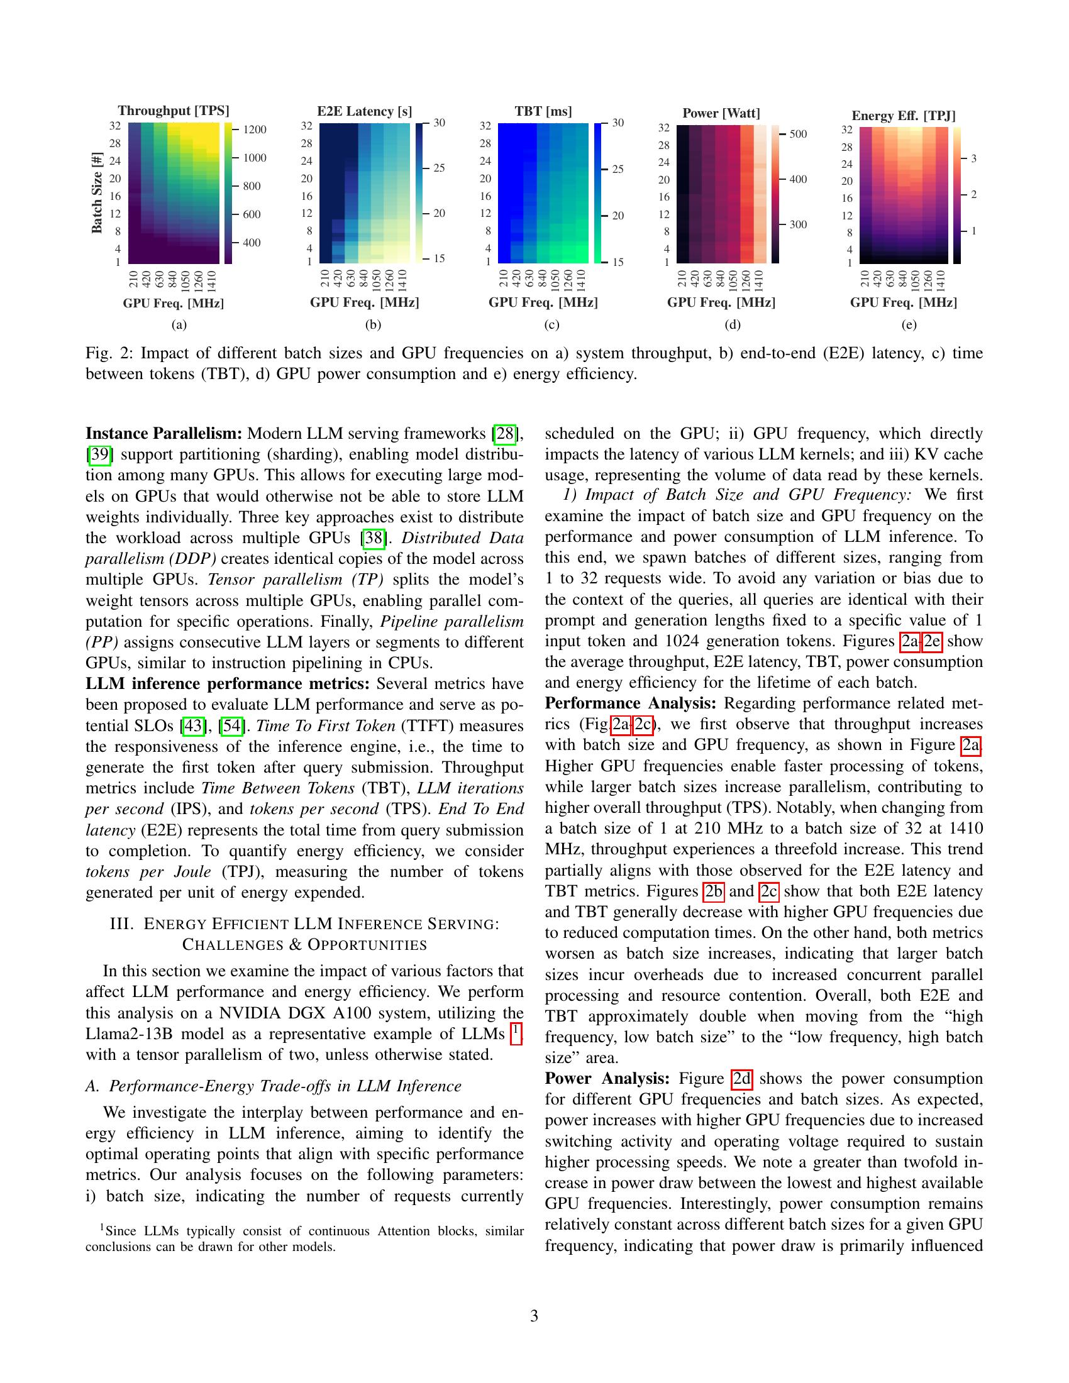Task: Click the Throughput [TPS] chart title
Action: [x=173, y=111]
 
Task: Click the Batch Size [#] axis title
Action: [x=97, y=192]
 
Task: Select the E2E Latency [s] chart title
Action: [x=364, y=111]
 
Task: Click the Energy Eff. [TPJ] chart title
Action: [x=903, y=116]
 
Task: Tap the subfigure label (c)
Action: [x=551, y=326]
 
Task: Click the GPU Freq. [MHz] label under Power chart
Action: [x=721, y=303]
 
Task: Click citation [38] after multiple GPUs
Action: [x=373, y=538]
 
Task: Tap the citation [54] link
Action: [x=232, y=726]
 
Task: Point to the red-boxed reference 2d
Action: [x=741, y=1078]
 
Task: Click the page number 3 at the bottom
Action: [x=534, y=1316]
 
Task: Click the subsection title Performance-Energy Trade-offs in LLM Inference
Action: [x=285, y=1086]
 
